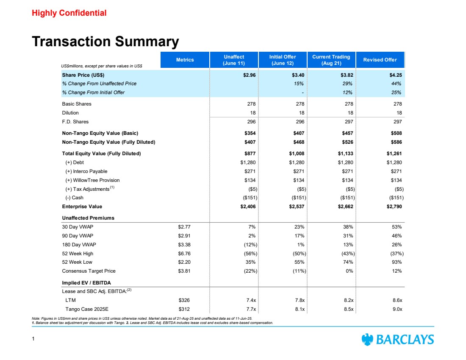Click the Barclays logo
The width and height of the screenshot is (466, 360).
[397, 339]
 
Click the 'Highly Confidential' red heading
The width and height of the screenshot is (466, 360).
[69, 13]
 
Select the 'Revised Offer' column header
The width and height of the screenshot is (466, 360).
[380, 60]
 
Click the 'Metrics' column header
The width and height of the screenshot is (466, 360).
[185, 60]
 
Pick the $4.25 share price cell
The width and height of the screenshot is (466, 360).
[394, 75]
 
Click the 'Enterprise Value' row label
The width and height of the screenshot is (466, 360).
[82, 207]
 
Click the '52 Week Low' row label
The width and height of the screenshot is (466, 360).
[77, 262]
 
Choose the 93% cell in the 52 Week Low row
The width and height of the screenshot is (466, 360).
[397, 262]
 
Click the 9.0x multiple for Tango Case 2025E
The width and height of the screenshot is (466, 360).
[397, 309]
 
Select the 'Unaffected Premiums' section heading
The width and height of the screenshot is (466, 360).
[88, 218]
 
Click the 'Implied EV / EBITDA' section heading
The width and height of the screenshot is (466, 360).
[86, 282]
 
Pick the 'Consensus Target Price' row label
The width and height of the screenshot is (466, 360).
[89, 271]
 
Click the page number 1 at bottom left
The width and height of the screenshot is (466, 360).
[33, 339]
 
